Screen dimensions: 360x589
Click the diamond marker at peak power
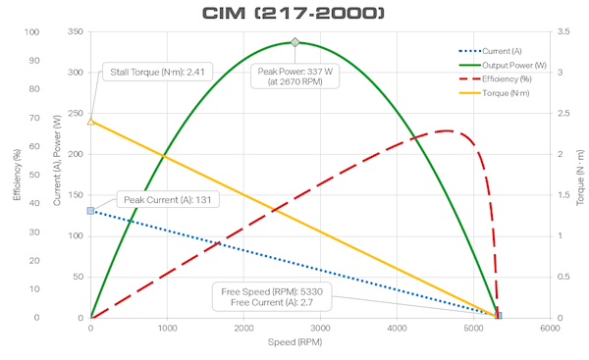point(294,42)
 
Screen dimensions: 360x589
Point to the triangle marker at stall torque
point(90,121)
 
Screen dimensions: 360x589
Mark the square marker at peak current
point(90,211)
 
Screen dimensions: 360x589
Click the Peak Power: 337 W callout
point(294,77)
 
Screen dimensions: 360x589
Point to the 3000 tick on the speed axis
point(320,330)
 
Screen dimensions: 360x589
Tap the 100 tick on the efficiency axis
point(34,31)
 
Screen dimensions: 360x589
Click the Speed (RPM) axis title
point(319,345)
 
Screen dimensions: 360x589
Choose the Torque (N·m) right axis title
point(579,175)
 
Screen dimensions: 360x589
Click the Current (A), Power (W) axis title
point(55,175)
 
